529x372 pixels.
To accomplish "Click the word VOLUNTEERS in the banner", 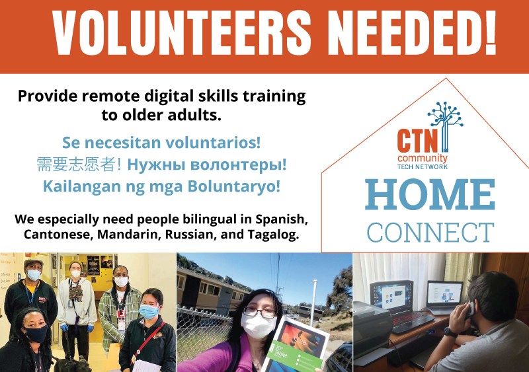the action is pos(181,33).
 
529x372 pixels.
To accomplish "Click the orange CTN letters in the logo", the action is pos(417,140).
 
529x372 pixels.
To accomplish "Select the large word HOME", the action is pos(430,194).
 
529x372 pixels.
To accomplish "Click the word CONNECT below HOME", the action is pos(430,233).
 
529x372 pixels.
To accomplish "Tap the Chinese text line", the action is pos(79,165).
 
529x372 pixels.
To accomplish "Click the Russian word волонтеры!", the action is pos(239,165).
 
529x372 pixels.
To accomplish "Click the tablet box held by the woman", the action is pos(295,344).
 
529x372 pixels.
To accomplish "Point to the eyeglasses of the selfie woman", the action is pos(259,313).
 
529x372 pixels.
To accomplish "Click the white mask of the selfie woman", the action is pos(258,326).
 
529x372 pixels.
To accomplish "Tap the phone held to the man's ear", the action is pos(469,310).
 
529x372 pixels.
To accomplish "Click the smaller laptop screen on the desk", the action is pos(444,293).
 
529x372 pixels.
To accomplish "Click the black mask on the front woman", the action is pos(36,334).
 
